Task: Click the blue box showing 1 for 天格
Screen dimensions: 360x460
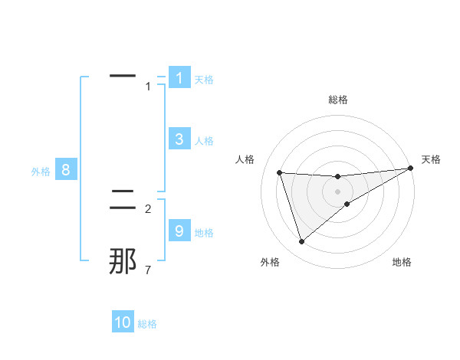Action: tap(179, 77)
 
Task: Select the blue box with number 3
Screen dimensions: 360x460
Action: tap(179, 139)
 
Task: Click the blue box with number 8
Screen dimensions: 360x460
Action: tap(66, 170)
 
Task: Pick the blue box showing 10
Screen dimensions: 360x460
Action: tap(123, 322)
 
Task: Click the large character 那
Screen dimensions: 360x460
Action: tap(123, 261)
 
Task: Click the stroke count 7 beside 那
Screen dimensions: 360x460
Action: tap(147, 270)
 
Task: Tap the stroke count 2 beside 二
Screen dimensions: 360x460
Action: tap(147, 208)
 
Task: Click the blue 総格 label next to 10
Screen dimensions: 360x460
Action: tap(147, 324)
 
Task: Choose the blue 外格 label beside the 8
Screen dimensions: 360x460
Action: tap(41, 172)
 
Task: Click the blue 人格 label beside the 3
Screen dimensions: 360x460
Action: tap(204, 141)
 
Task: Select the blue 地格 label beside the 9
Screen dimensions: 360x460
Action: tap(204, 232)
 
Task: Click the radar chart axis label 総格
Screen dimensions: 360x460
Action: tap(337, 100)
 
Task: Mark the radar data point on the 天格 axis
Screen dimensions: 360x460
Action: tap(410, 169)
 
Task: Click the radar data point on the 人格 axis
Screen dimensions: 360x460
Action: tap(280, 172)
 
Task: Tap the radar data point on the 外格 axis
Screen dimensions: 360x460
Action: tap(301, 242)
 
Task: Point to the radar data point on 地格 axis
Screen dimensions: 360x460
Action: tap(347, 204)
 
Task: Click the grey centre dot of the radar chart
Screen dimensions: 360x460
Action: tap(337, 191)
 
